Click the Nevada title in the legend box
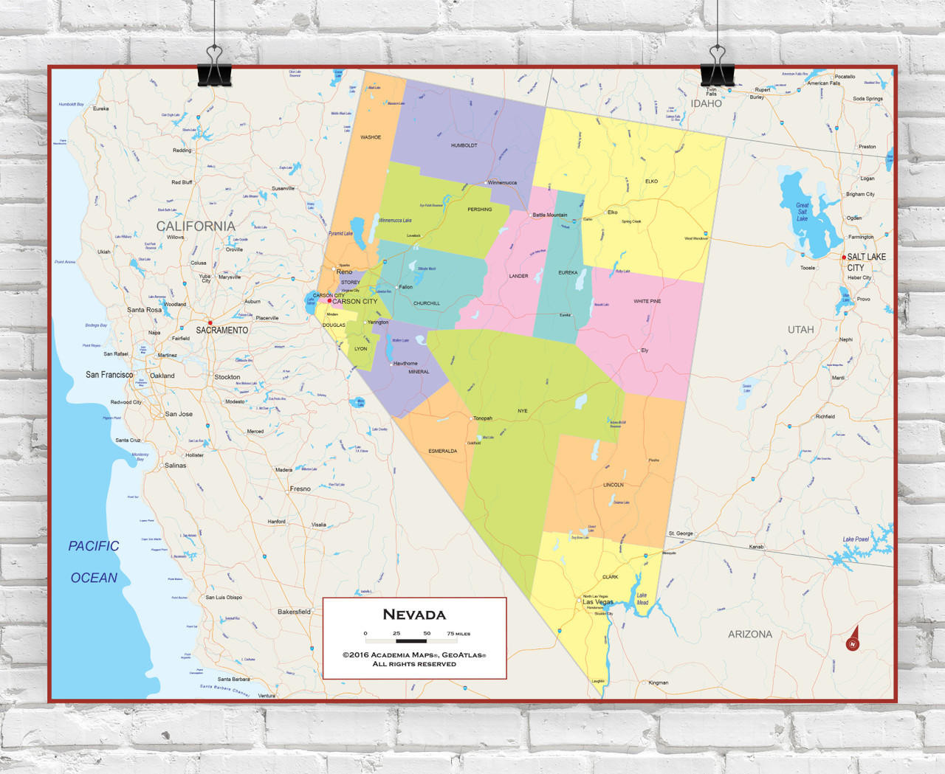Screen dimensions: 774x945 [x=414, y=615]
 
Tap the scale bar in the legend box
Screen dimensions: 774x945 [x=411, y=640]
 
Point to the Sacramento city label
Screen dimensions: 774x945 [x=221, y=330]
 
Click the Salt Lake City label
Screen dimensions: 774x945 [x=866, y=262]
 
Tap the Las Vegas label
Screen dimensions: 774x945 [x=598, y=602]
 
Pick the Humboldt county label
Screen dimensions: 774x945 [x=464, y=145]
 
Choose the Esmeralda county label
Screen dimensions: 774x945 [x=442, y=451]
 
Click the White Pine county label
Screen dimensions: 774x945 [x=647, y=301]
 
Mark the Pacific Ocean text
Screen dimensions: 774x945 [x=94, y=562]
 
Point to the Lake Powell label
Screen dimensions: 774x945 [x=856, y=539]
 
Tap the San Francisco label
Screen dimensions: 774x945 [x=109, y=375]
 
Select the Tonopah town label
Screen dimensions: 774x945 [x=482, y=418]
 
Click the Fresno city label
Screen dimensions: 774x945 [x=300, y=488]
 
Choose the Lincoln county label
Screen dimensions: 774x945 [x=613, y=485]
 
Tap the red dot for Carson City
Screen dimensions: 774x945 [x=329, y=300]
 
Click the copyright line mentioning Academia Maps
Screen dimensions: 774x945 [x=414, y=654]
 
